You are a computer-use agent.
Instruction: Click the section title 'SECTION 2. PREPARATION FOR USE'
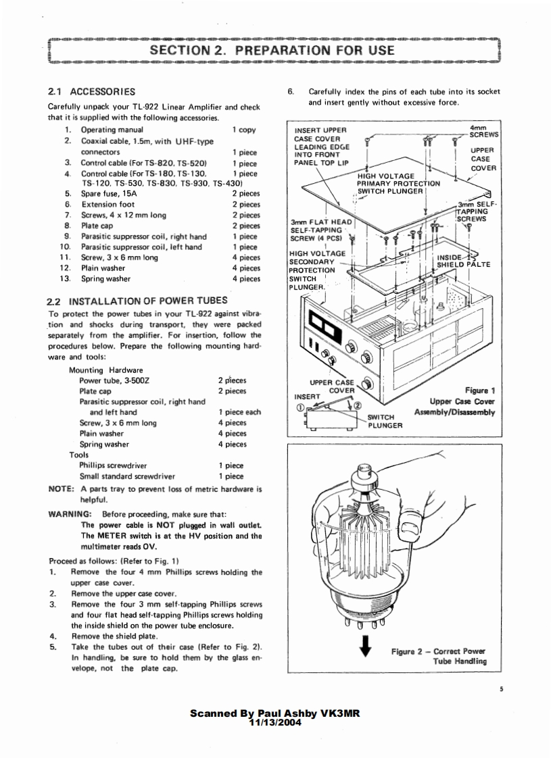272,51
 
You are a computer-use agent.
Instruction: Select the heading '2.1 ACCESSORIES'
92,91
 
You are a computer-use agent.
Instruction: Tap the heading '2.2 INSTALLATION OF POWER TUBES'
137,300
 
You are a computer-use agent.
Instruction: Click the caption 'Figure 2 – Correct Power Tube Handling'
438,656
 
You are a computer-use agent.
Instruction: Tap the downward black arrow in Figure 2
366,647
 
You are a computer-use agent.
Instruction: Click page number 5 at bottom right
502,689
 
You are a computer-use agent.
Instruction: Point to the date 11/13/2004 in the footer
274,722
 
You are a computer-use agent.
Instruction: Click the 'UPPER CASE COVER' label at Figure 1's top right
483,159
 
